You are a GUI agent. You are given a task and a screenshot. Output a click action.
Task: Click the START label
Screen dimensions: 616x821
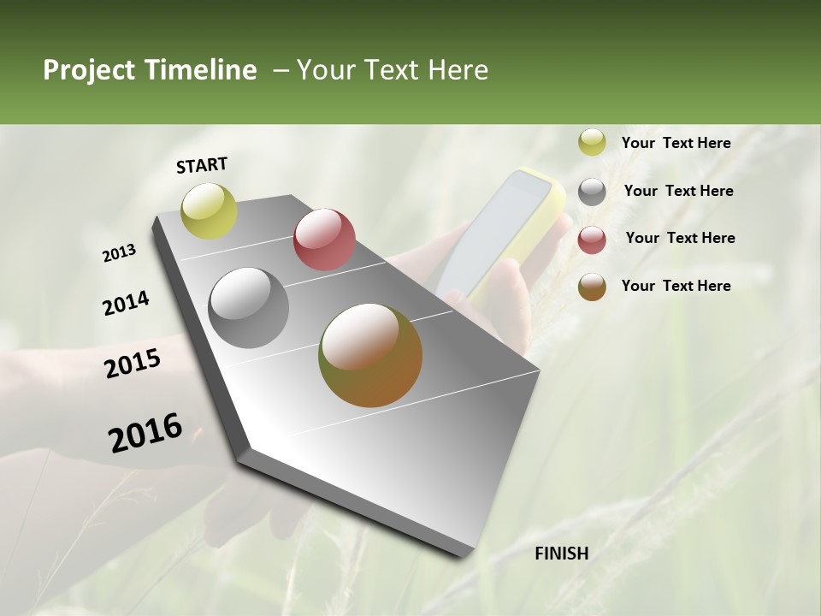coord(202,165)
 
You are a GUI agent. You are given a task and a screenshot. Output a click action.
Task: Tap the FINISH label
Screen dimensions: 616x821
coord(562,554)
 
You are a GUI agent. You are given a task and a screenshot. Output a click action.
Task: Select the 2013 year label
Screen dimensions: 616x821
coord(119,253)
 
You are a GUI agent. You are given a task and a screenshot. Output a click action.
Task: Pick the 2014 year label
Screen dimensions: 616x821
coord(126,304)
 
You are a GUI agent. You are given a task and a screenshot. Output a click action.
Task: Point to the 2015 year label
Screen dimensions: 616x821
coord(133,364)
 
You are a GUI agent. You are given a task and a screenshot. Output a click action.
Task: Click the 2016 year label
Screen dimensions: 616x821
coord(145,433)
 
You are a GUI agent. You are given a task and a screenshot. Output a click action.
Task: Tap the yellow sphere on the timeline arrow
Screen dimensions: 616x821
coord(210,211)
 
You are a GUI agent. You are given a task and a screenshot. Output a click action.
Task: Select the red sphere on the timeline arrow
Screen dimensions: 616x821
coord(324,240)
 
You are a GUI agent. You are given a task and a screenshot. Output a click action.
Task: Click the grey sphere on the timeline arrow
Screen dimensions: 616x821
coord(249,308)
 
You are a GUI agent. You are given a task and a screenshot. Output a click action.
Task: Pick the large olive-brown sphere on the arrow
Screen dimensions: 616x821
coord(370,355)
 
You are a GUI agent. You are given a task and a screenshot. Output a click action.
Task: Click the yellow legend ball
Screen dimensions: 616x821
coord(592,143)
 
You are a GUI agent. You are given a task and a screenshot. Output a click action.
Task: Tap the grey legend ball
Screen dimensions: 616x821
coord(592,192)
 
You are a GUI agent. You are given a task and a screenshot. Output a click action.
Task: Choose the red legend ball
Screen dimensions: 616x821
coord(592,240)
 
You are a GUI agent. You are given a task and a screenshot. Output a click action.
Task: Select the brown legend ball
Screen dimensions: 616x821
coord(592,287)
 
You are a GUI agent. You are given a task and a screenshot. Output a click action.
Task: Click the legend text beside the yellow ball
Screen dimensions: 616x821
coord(676,143)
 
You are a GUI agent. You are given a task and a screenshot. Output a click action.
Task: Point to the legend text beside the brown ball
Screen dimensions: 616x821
coord(676,286)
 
